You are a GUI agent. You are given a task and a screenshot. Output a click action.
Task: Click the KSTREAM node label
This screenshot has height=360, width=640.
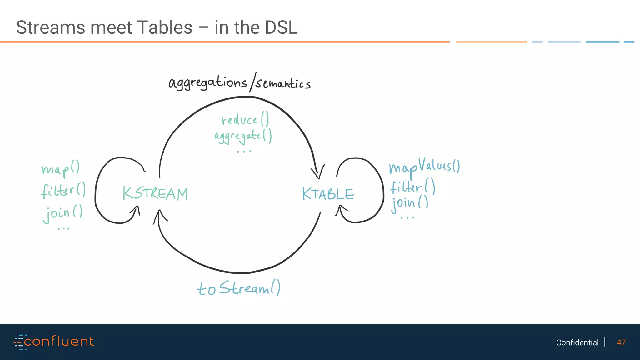coord(155,194)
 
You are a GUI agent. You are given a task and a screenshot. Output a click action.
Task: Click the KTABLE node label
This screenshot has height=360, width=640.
coord(328,194)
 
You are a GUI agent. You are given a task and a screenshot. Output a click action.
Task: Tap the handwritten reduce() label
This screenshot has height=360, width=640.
coord(245,120)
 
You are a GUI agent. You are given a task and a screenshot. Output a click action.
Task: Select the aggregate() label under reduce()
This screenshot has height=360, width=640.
coord(243,137)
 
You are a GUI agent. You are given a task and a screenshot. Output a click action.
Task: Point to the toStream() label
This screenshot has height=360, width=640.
coord(238,288)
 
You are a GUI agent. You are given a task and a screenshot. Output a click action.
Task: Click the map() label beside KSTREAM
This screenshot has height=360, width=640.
coord(61,169)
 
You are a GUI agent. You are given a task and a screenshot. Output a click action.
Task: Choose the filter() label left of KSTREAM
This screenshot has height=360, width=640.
coord(63,190)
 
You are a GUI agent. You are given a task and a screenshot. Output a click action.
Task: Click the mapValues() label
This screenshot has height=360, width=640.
coord(424,167)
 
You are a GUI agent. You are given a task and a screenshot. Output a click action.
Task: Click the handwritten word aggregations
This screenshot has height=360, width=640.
coord(207,83)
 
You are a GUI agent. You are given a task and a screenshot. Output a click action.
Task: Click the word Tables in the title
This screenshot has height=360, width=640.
coord(165,27)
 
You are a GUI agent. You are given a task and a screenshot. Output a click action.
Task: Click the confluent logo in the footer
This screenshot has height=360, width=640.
coord(54,342)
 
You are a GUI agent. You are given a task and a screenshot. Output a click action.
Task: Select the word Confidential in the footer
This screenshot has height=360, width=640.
coord(577,342)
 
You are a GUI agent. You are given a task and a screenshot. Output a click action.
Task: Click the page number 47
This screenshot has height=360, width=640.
coord(621,342)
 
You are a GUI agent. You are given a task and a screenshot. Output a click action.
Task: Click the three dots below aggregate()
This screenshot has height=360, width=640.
coord(244,152)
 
